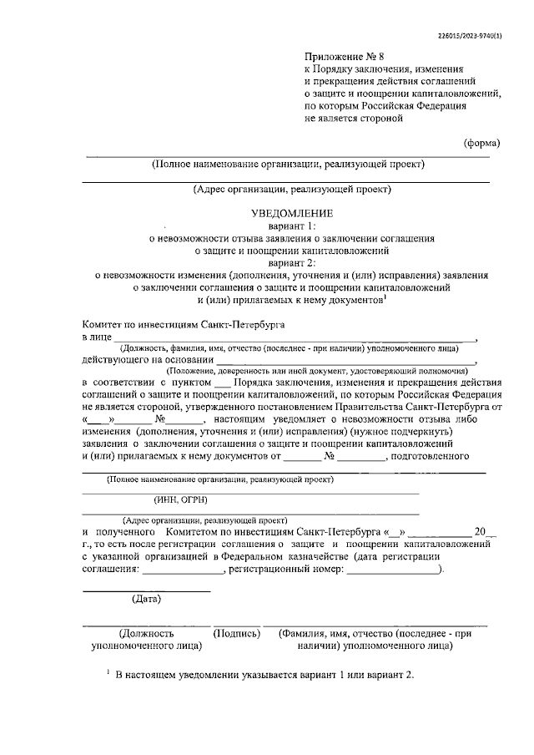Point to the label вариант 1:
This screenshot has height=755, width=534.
(x=287, y=225)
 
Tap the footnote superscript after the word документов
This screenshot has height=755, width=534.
(x=384, y=294)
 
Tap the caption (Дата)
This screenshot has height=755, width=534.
(x=147, y=597)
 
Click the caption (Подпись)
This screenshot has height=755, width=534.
(x=237, y=634)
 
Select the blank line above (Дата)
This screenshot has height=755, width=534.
(x=146, y=590)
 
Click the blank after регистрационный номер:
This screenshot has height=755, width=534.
(x=392, y=572)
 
